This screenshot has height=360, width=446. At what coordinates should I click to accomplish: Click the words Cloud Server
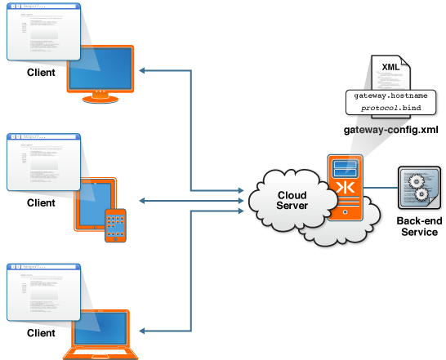tap(292, 200)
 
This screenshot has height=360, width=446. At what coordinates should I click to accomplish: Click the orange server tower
tap(345, 188)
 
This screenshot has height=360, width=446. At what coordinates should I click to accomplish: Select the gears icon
tap(421, 188)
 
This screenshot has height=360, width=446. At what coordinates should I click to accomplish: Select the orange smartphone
tap(115, 225)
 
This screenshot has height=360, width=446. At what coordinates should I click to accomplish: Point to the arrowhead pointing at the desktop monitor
tap(142, 71)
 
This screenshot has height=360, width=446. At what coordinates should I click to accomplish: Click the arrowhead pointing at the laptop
tap(142, 331)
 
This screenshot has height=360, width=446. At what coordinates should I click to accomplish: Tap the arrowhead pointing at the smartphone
tap(142, 201)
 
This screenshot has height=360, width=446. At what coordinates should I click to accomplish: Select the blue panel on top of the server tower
tap(345, 168)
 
